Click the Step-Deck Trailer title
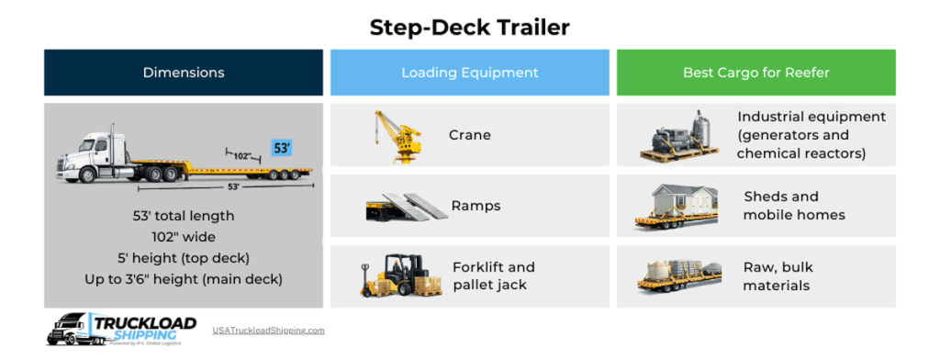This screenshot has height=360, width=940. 469,28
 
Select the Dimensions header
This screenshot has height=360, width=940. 184,73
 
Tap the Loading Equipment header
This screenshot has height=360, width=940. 469,73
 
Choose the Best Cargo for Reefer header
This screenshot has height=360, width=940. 755,73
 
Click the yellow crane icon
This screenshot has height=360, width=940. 397,135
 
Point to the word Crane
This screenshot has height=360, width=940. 470,135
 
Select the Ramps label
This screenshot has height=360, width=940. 476,206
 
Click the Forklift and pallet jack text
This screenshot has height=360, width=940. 493,276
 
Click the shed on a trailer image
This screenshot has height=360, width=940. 681,207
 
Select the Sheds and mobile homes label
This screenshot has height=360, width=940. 794,206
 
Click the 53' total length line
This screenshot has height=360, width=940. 184,216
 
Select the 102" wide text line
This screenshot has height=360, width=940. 184,237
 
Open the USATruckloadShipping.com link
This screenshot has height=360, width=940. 268,330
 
